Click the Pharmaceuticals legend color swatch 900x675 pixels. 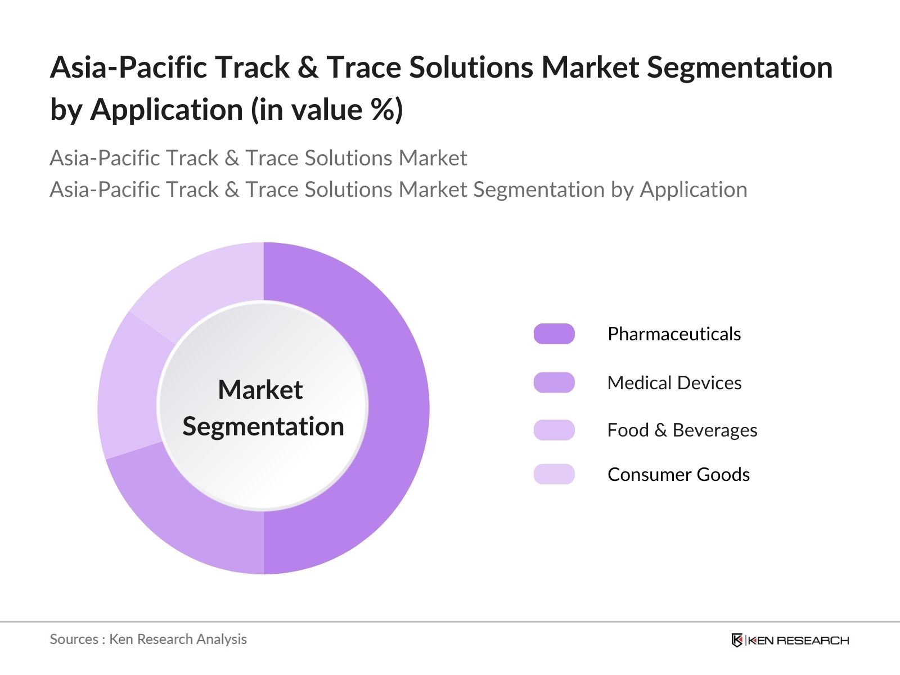click(x=554, y=334)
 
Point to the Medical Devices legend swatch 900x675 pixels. click(x=554, y=382)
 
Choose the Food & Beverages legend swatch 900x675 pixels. click(x=554, y=430)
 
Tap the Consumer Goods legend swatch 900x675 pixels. click(x=554, y=474)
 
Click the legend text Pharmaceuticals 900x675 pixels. click(x=674, y=334)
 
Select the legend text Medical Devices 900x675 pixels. click(x=674, y=383)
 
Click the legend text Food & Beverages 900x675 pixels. click(x=682, y=430)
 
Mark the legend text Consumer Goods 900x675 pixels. click(x=678, y=475)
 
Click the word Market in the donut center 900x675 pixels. click(x=260, y=390)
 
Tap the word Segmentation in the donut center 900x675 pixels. click(x=263, y=426)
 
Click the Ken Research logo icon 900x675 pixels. click(x=737, y=640)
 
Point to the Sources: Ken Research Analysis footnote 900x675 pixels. click(x=148, y=639)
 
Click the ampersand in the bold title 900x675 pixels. click(x=308, y=67)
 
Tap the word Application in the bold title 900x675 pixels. click(x=166, y=109)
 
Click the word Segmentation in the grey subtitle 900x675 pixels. click(x=538, y=190)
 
